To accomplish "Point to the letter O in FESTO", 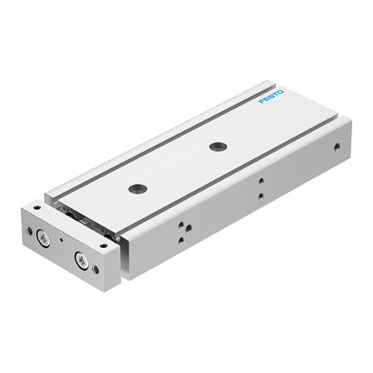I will [279, 91].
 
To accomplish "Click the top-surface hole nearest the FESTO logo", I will [218, 147].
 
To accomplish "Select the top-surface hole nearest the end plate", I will [138, 188].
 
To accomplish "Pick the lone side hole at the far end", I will [337, 147].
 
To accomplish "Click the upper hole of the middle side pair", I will [260, 180].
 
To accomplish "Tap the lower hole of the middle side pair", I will [260, 196].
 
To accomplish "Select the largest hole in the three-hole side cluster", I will [188, 227].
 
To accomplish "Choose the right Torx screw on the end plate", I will [80, 260].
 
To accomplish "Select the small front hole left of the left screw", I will [29, 231].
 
